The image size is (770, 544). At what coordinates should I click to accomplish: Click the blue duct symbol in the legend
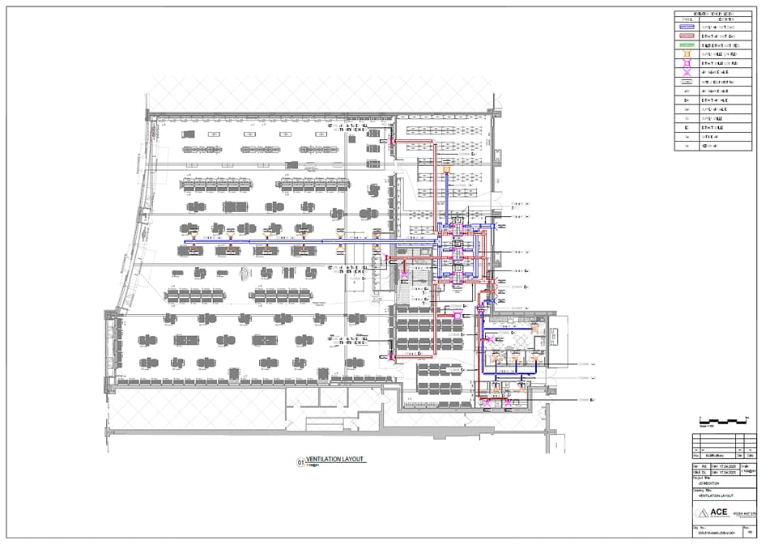(x=686, y=27)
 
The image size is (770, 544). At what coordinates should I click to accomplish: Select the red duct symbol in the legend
(x=686, y=37)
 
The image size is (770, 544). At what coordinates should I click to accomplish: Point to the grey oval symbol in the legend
(x=686, y=82)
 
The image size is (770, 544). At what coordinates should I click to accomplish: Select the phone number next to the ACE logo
(x=746, y=513)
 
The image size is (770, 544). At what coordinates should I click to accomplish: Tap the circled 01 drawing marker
(x=300, y=462)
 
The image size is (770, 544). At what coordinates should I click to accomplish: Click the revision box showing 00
(x=750, y=533)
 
